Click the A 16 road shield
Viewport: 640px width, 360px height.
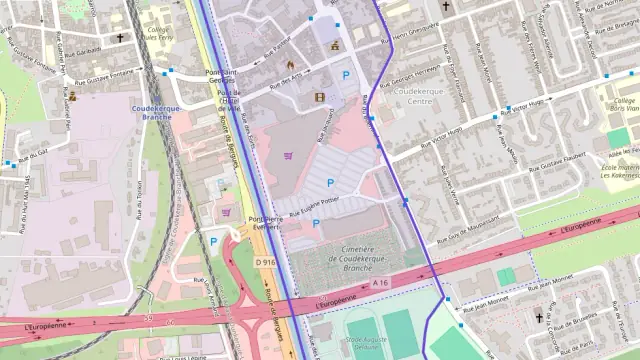tap(380, 284)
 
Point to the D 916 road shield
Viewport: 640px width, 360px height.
tap(265, 261)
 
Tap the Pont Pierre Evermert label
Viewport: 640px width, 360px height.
tap(266, 222)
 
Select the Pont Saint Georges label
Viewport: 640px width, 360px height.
tap(222, 76)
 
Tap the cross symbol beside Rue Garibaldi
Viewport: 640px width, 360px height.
tap(120, 38)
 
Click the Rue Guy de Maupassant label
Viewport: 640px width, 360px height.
tap(466, 226)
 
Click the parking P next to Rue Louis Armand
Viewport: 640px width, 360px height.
tap(213, 240)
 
